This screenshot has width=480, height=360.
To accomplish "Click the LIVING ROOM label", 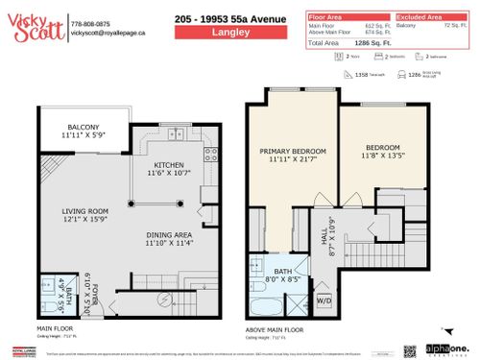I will (84, 214).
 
